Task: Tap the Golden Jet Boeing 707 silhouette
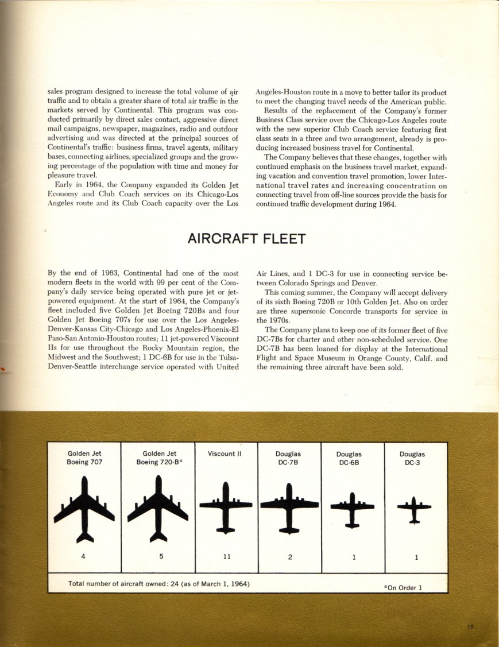point(84,510)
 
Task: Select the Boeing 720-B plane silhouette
point(158,510)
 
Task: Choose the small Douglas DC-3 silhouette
point(414,509)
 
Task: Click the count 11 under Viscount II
point(226,556)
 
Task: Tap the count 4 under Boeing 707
point(84,556)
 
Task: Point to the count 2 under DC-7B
point(290,556)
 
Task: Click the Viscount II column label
point(225,454)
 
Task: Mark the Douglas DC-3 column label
point(412,458)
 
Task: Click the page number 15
point(470,627)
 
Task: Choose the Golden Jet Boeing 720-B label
point(159,458)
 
